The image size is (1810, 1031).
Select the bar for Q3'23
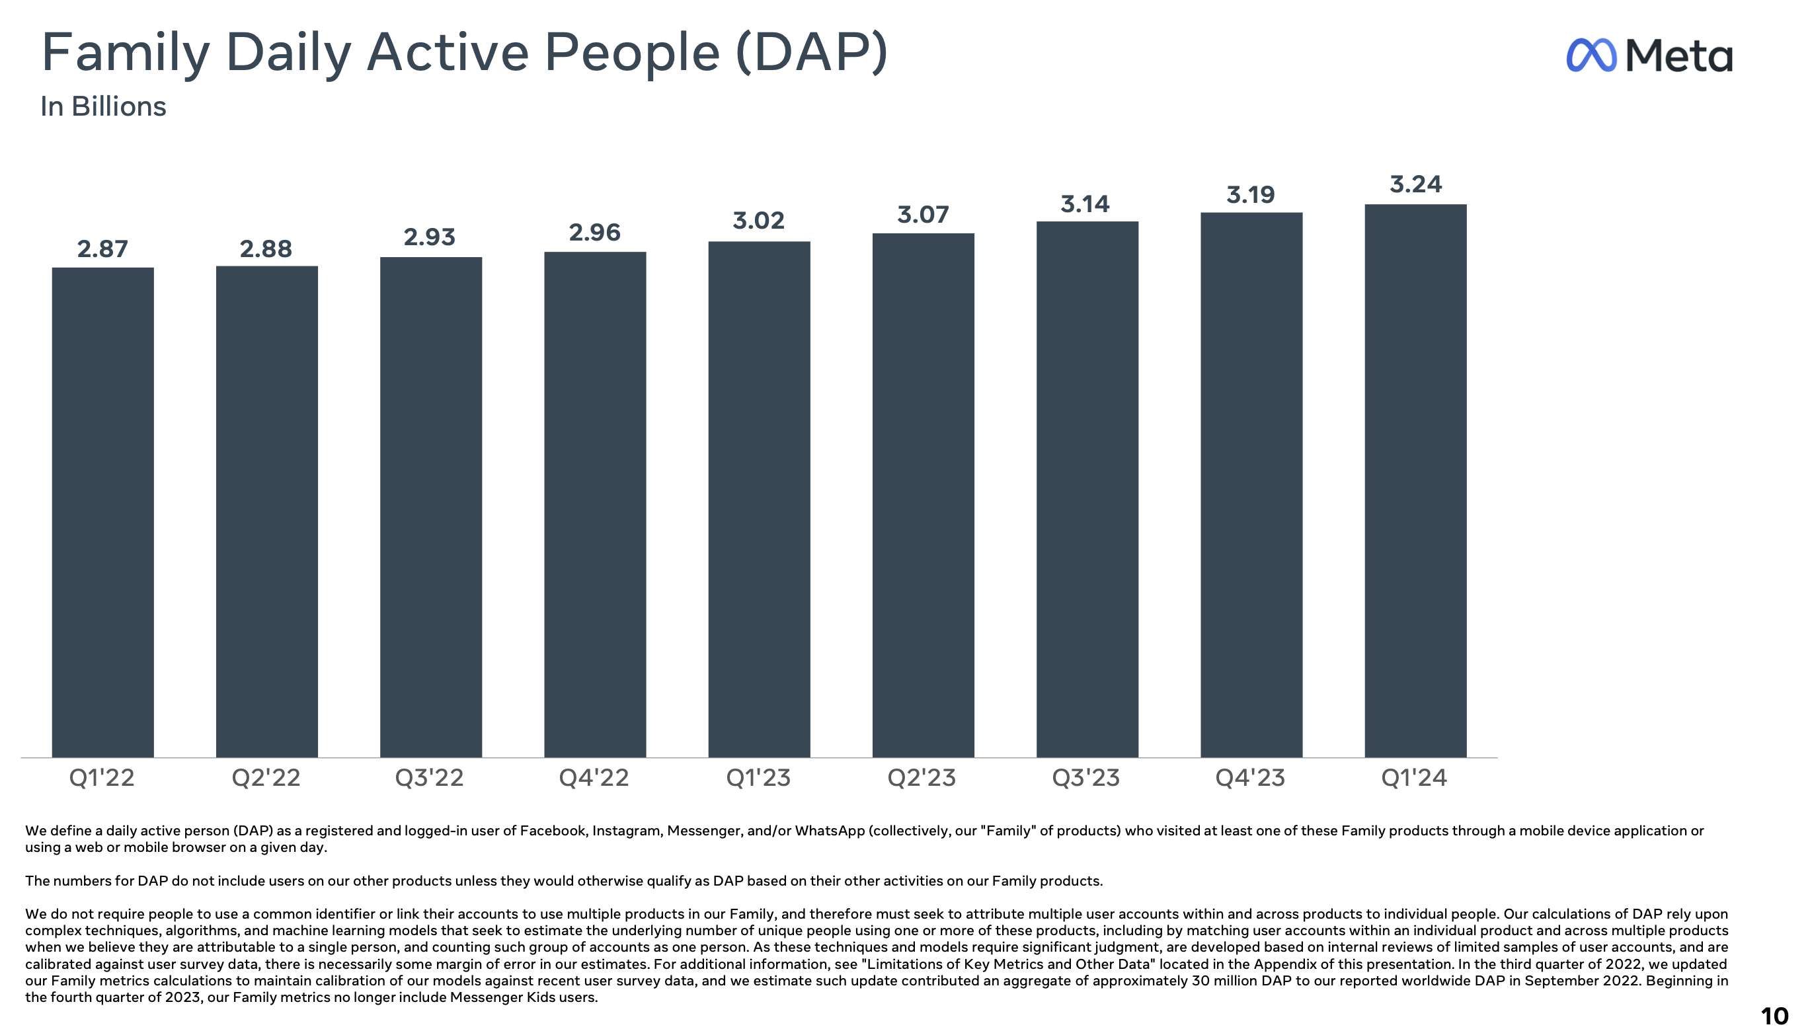[1087, 488]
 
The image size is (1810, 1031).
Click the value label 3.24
[1415, 185]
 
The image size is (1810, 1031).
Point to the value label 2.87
[102, 249]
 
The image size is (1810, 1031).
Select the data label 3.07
[923, 215]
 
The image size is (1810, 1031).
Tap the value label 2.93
[429, 237]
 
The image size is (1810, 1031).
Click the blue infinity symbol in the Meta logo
[1591, 56]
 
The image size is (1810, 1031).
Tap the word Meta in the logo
[1678, 56]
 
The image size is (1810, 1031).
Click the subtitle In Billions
[103, 107]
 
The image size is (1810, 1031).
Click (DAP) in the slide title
[812, 53]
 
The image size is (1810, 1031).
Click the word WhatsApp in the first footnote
[829, 831]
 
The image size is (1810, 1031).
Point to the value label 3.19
[1251, 195]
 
